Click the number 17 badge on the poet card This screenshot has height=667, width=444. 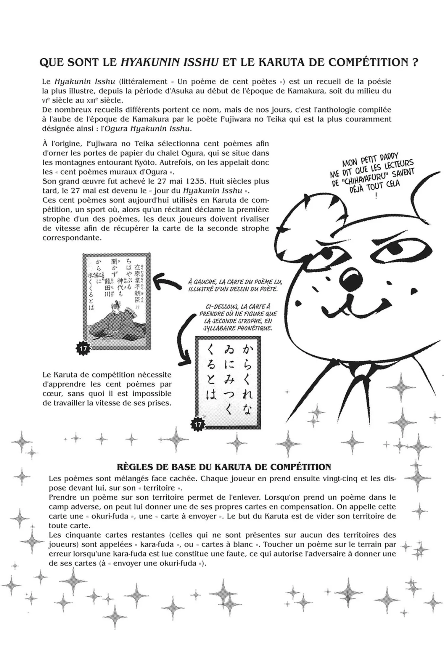(x=83, y=348)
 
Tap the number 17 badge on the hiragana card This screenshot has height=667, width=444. (x=198, y=424)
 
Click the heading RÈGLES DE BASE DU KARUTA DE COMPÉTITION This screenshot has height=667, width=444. (x=224, y=467)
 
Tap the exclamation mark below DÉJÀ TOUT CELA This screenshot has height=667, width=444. (x=376, y=196)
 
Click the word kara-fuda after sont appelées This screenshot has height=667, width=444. (x=155, y=544)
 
